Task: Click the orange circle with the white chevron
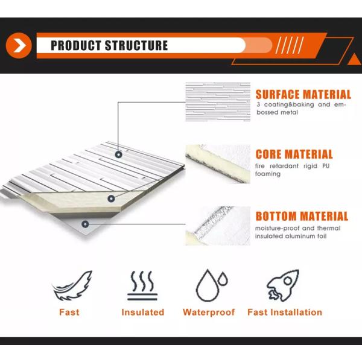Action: (19, 45)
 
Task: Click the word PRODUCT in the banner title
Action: (76, 45)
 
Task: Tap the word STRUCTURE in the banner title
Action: (136, 45)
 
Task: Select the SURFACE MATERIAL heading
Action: (303, 95)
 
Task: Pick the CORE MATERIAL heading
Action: (294, 154)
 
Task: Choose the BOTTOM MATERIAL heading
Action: (302, 217)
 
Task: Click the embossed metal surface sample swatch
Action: (218, 102)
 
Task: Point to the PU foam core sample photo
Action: (218, 164)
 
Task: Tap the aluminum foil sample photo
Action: (218, 226)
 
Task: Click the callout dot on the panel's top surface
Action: (118, 154)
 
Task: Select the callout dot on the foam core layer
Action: (111, 198)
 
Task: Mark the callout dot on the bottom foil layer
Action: (85, 224)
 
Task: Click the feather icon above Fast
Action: (72, 285)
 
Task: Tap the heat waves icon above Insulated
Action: (142, 285)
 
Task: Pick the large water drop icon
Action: (208, 285)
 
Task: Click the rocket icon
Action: (283, 285)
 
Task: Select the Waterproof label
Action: (209, 312)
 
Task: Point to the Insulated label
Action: (142, 312)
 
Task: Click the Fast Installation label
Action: (285, 312)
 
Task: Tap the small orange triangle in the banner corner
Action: (354, 60)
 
